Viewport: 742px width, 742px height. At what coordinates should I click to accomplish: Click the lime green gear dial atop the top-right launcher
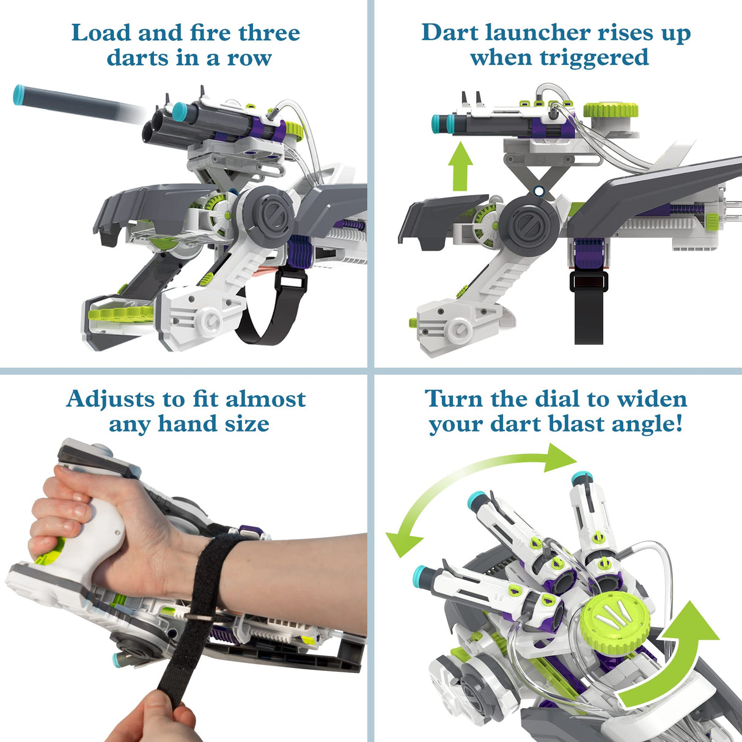tap(611, 111)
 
